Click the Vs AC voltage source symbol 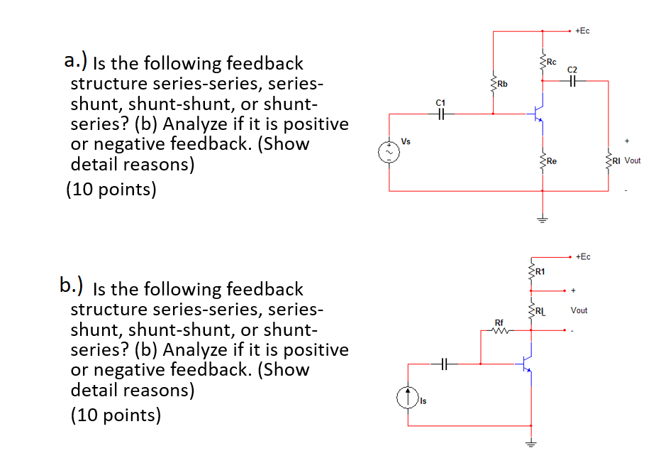pos(388,152)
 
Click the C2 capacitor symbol pos(573,81)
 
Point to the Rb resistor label pos(501,85)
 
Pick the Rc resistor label pos(551,61)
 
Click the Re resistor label pos(551,161)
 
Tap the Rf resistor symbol pos(501,330)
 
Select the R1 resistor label pos(540,271)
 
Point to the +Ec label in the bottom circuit pos(582,256)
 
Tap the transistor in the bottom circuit pos(526,364)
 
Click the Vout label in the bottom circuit pos(579,310)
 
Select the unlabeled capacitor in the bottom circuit pos(443,364)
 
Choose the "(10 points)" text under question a pos(111,190)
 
